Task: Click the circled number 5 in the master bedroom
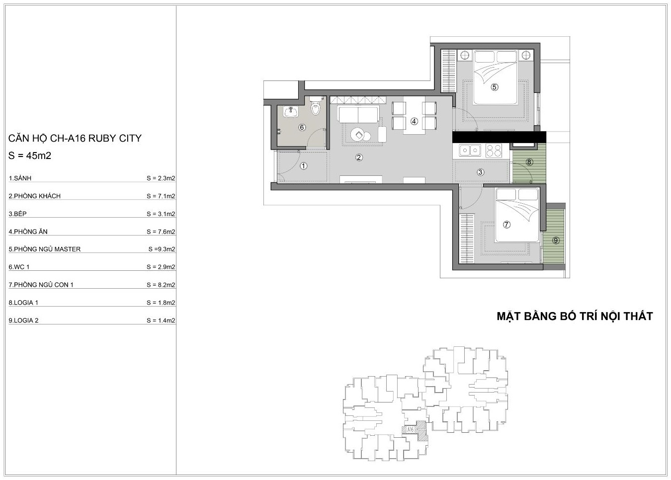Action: [495, 87]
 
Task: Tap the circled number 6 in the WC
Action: [302, 127]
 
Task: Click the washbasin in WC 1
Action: [291, 112]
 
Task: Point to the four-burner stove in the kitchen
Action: [494, 151]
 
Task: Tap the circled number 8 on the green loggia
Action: [529, 162]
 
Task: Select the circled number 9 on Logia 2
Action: [556, 240]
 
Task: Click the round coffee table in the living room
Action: [358, 134]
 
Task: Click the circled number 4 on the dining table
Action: [414, 121]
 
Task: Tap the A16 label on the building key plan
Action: [411, 430]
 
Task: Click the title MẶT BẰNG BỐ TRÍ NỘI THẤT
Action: [575, 316]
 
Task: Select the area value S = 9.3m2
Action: [162, 249]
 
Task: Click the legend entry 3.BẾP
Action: [18, 214]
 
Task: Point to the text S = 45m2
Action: [30, 156]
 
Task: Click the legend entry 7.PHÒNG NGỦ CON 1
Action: [41, 285]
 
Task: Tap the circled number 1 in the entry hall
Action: [304, 166]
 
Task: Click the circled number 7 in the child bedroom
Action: [506, 224]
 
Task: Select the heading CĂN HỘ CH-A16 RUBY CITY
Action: [75, 138]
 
